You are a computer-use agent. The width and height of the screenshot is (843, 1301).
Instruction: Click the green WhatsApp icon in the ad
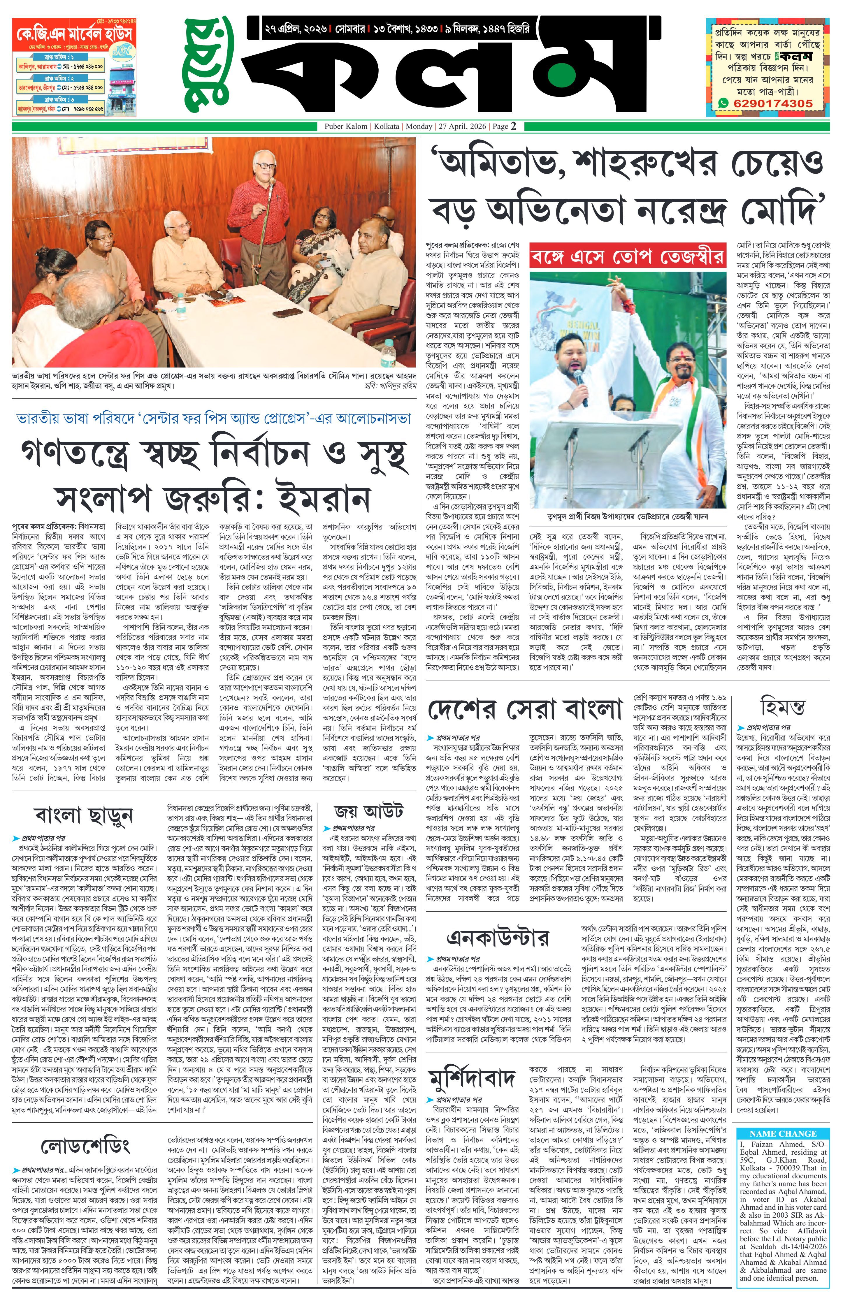(723, 103)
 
